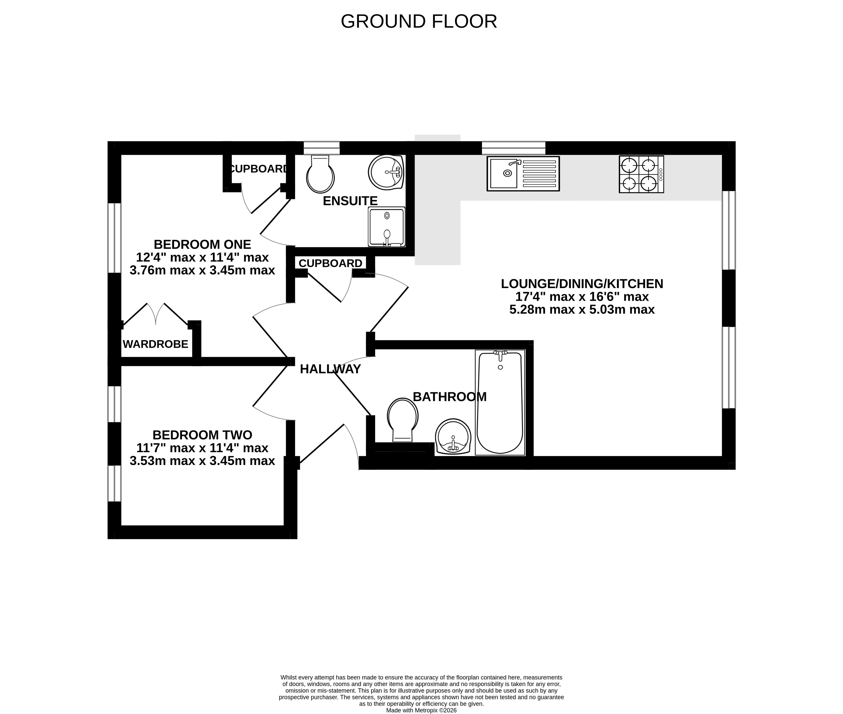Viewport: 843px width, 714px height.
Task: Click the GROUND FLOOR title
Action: pos(419,21)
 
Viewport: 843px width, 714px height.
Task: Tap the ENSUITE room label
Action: pos(350,201)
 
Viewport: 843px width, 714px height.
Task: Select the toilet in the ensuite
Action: pos(320,174)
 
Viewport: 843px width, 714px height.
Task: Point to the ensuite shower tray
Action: pos(386,227)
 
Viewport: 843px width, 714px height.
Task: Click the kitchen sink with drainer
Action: pos(523,174)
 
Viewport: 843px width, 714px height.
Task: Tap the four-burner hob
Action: pos(641,174)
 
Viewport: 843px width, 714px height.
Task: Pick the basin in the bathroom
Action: pos(453,436)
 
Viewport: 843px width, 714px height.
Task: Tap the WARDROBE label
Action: pos(155,344)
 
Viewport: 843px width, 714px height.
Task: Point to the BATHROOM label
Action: pos(450,397)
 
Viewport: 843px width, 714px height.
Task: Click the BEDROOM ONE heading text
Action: pos(202,245)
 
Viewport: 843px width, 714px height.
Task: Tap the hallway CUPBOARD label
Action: pos(331,263)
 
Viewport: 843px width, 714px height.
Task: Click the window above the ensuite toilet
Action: pos(322,148)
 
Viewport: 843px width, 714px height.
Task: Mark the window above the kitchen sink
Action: pos(513,148)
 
